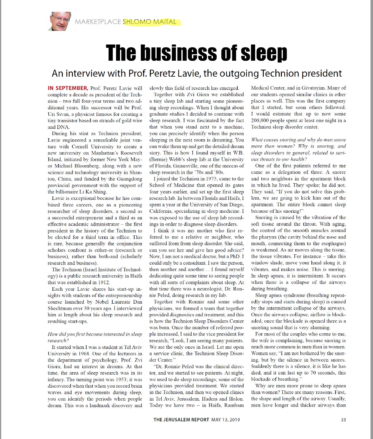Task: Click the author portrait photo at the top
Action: tap(60, 21)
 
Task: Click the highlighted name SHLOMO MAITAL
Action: tap(150, 22)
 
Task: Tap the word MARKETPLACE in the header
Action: tap(98, 22)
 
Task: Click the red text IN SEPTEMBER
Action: tap(68, 88)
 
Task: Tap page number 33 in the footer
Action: tap(343, 420)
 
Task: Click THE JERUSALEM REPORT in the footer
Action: tap(181, 420)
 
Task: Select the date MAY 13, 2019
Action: tap(226, 420)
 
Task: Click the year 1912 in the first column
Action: tap(103, 282)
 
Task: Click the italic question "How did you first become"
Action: tap(95, 337)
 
